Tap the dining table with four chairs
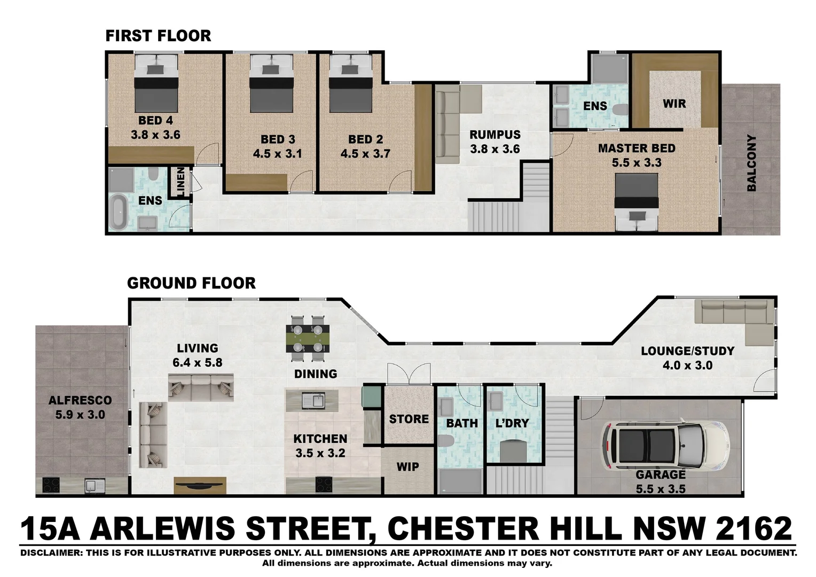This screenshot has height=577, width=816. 308,339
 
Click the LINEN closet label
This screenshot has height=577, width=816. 180,181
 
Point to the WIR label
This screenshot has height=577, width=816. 674,104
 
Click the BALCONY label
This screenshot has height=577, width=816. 751,162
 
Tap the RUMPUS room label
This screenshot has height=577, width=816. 495,135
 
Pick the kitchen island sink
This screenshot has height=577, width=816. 313,400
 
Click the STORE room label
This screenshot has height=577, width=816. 409,419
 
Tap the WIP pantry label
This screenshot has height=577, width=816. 407,467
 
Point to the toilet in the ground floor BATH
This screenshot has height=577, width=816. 445,441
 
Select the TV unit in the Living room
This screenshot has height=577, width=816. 200,485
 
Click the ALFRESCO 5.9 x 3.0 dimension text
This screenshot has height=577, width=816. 80,415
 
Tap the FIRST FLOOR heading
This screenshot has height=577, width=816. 158,36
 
